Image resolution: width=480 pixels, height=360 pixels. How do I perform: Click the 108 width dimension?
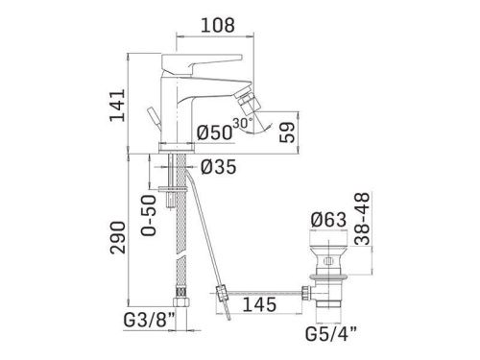click(x=218, y=25)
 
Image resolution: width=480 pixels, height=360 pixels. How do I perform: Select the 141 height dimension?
click(x=117, y=106)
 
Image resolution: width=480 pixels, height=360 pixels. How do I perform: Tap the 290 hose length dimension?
click(x=118, y=237)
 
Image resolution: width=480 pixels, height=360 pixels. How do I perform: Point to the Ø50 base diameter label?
click(x=213, y=132)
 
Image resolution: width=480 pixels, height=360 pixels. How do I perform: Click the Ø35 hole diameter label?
click(x=219, y=167)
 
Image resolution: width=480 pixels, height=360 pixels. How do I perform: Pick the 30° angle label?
click(x=243, y=123)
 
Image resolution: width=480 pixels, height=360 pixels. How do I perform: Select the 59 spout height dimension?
click(x=287, y=132)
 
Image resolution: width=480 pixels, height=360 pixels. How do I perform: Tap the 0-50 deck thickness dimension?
click(x=149, y=215)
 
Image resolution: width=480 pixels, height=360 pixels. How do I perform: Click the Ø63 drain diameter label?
click(x=329, y=220)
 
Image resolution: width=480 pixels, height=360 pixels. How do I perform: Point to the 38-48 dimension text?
click(x=363, y=219)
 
